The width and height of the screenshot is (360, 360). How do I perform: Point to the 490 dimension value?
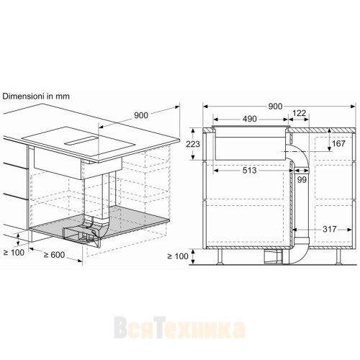[x=249, y=119]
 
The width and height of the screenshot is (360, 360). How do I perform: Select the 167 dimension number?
[x=337, y=144]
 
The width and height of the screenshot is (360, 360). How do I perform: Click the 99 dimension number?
[x=301, y=179]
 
